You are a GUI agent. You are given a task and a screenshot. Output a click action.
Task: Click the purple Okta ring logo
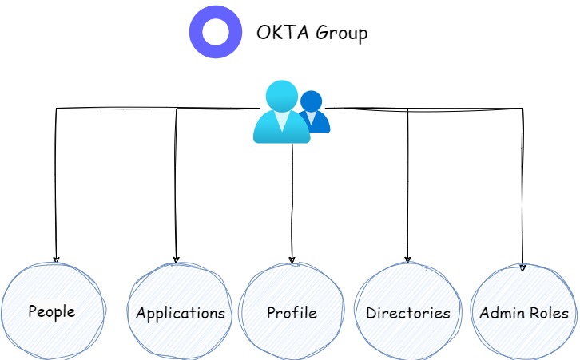coord(215,32)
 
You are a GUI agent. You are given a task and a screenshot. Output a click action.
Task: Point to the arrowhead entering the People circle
coord(56,259)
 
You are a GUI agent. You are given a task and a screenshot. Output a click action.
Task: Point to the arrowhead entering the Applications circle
coord(177,259)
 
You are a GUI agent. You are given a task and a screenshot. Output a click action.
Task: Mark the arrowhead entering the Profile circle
coord(292,260)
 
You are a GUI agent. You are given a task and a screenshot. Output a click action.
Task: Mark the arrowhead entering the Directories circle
coord(408,259)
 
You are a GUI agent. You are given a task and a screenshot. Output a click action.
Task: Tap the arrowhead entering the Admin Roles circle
coord(523,267)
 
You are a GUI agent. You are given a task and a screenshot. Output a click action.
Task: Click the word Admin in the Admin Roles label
coord(500,313)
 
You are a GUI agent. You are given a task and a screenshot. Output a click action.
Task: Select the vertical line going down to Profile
coord(292,200)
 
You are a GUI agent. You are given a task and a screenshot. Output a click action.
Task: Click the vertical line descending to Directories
coord(408,184)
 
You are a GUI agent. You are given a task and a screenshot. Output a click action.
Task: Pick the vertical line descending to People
coord(56,184)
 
